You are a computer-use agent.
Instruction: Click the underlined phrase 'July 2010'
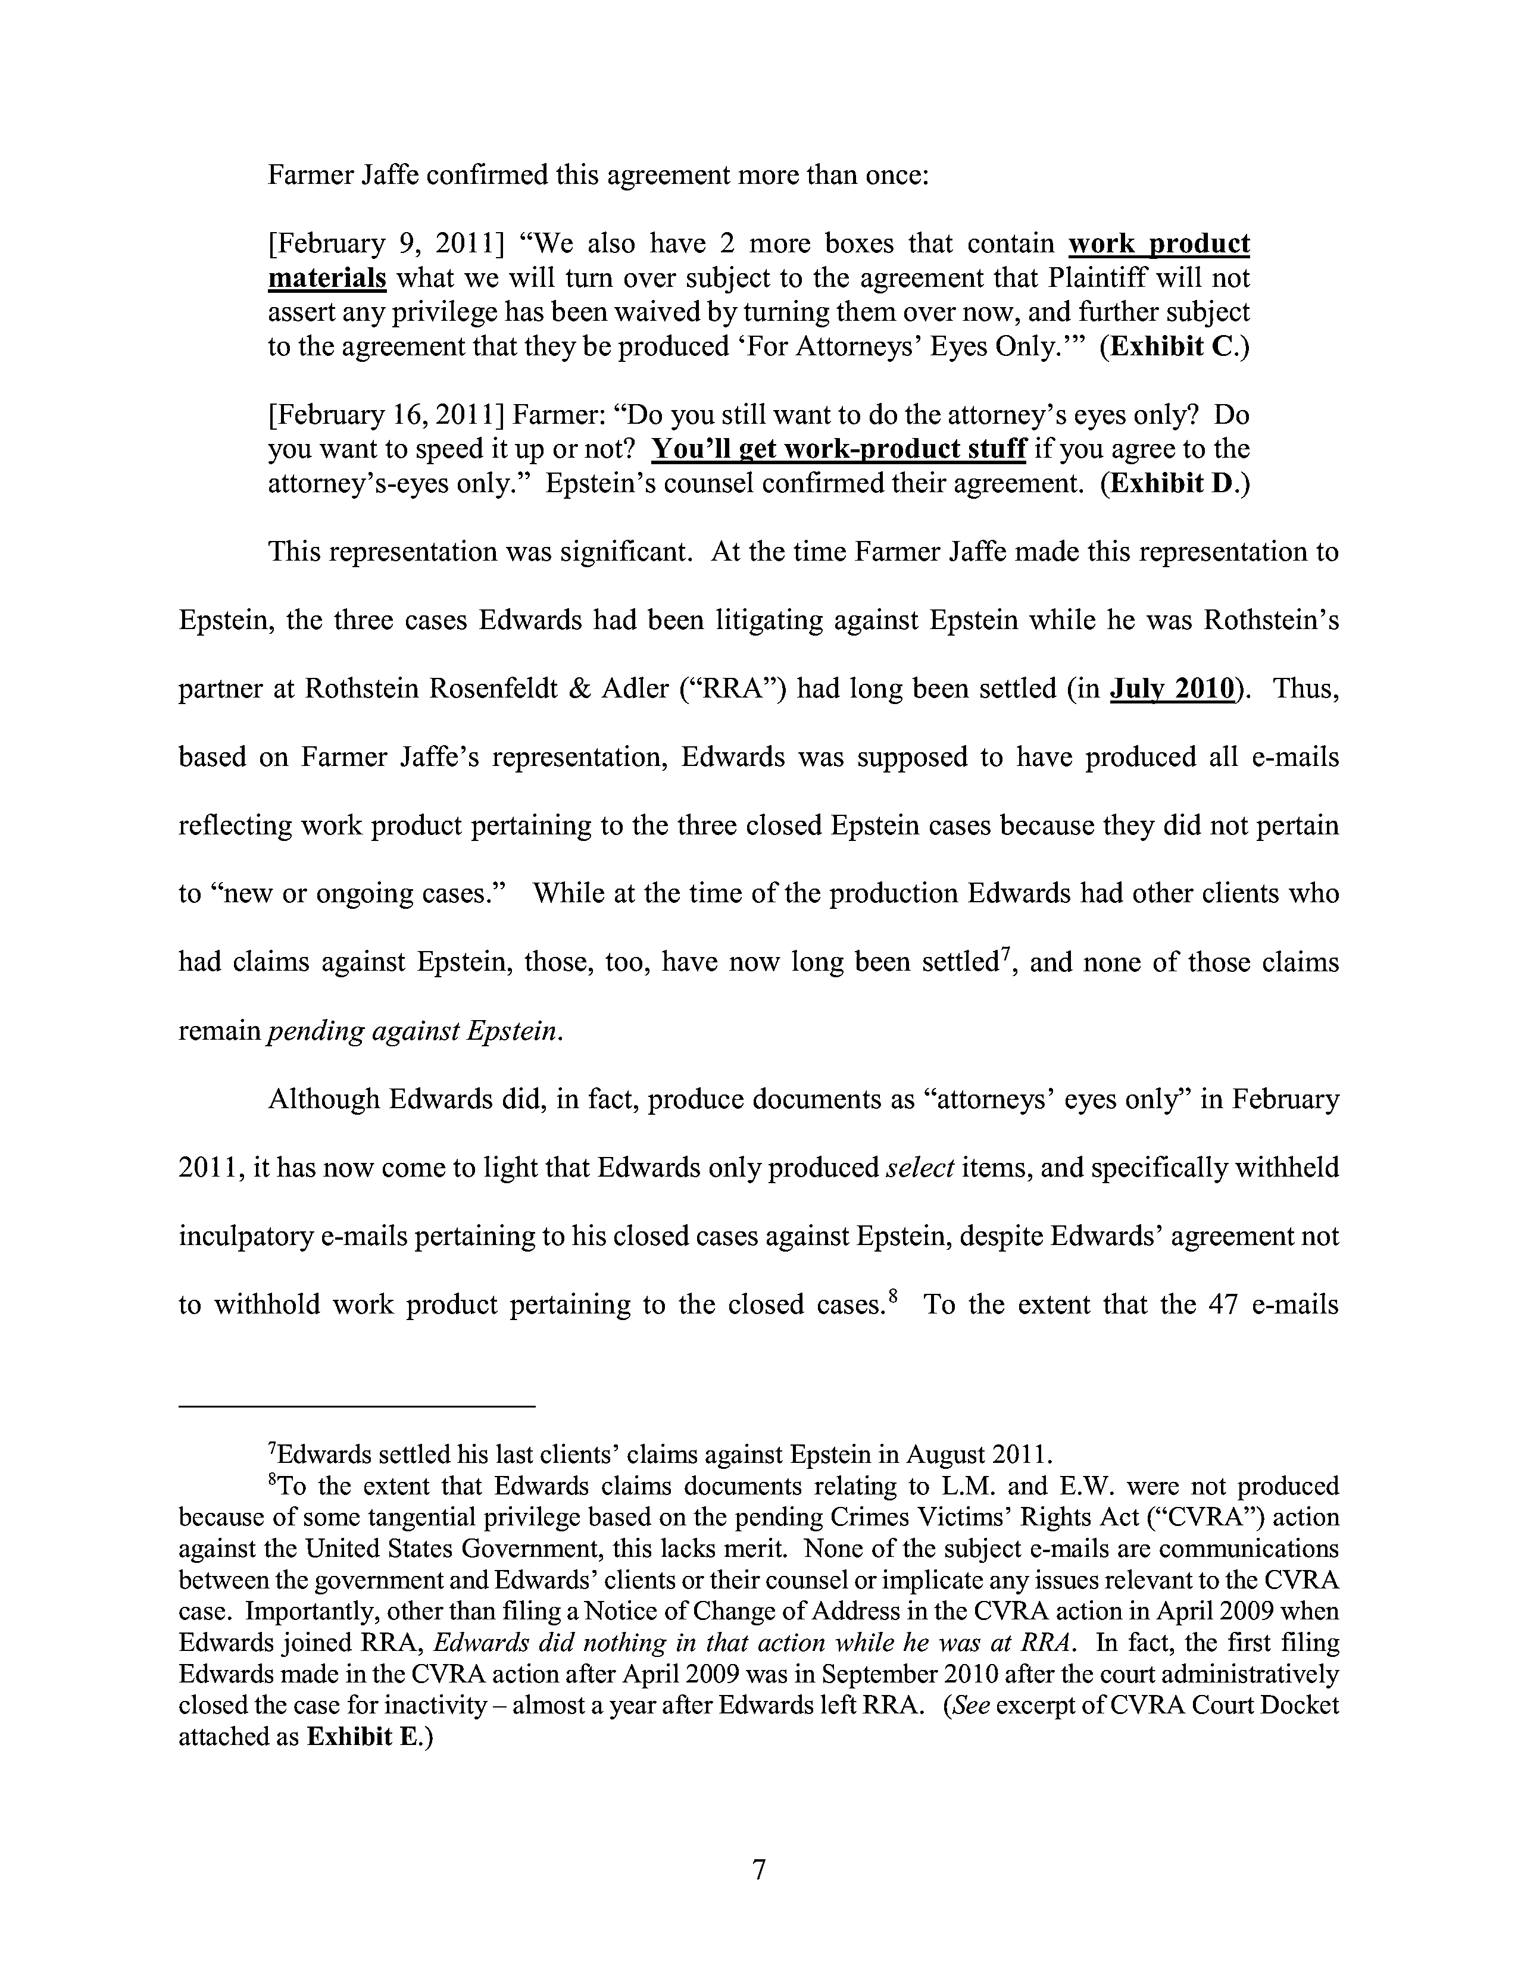tap(1173, 689)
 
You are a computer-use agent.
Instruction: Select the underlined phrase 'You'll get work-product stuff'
tap(838, 449)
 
